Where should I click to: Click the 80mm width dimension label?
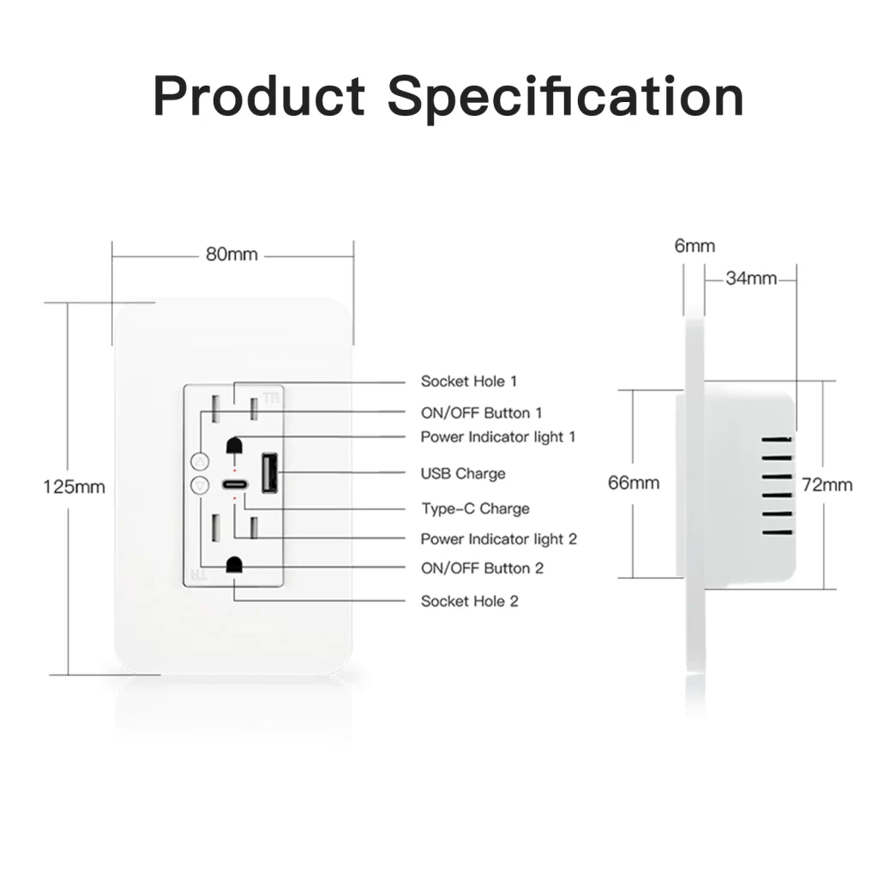click(x=232, y=255)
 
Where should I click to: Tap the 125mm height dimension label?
click(x=74, y=487)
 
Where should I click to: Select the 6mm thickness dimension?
click(x=695, y=246)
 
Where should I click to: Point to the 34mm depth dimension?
click(x=751, y=279)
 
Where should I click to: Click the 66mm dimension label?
click(x=634, y=483)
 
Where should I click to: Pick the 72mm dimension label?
click(x=827, y=485)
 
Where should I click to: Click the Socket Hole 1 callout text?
click(x=469, y=382)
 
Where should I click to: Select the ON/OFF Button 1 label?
click(x=482, y=413)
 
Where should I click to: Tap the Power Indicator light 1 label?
click(x=498, y=436)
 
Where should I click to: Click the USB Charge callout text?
click(x=463, y=473)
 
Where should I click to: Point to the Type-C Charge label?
click(x=475, y=508)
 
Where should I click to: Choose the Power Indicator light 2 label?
click(x=498, y=538)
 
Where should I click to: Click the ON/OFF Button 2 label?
click(x=482, y=568)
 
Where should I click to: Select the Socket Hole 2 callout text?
click(x=469, y=601)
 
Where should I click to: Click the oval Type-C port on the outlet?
click(x=235, y=484)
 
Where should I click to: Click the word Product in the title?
click(x=259, y=96)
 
